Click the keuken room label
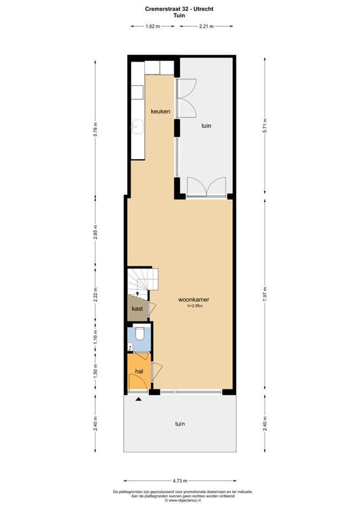pyautogui.click(x=160, y=111)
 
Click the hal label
pyautogui.click(x=138, y=370)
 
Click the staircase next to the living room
pyautogui.click(x=142, y=281)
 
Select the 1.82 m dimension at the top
pyautogui.click(x=152, y=26)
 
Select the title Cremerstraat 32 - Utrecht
pyautogui.click(x=180, y=8)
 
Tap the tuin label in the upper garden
pyautogui.click(x=206, y=126)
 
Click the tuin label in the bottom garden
pyautogui.click(x=180, y=423)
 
